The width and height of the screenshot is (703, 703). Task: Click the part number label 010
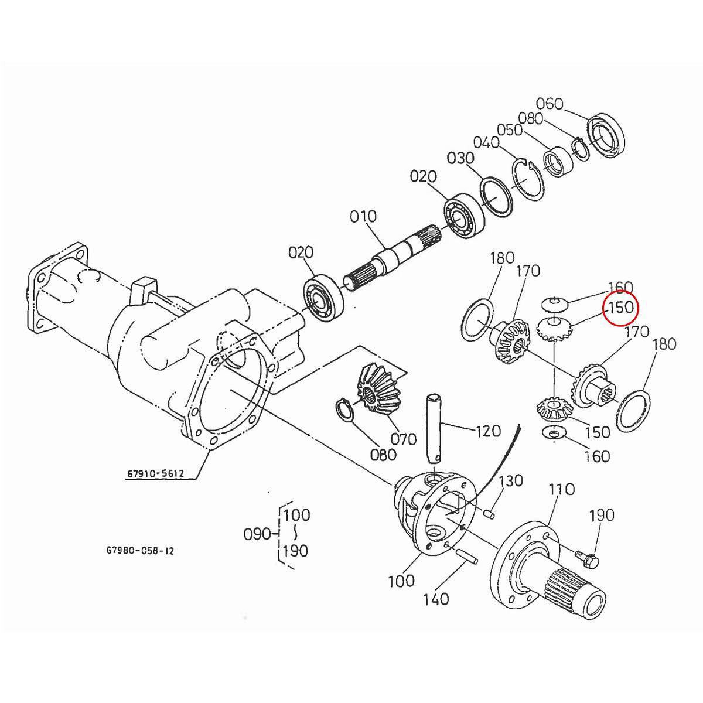click(x=363, y=216)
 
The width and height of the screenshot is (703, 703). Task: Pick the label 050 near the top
click(x=510, y=130)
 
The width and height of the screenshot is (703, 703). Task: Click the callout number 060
click(x=550, y=104)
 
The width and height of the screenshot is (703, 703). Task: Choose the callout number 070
click(x=403, y=439)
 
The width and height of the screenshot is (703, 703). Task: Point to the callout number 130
click(x=511, y=481)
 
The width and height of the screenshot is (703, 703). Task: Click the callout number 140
click(x=436, y=599)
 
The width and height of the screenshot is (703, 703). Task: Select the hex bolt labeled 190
click(x=587, y=558)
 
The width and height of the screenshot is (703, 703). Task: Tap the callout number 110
click(x=561, y=489)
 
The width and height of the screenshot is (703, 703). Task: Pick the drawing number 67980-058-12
click(x=140, y=551)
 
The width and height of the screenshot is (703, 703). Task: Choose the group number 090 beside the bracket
click(x=258, y=534)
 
